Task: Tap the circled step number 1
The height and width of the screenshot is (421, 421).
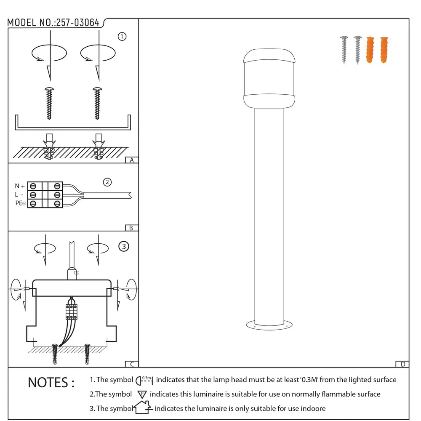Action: [x=122, y=37]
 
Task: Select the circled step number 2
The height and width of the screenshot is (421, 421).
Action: [x=107, y=182]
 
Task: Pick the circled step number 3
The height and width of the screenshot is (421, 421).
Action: [x=123, y=247]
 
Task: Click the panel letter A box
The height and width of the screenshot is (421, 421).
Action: [x=132, y=160]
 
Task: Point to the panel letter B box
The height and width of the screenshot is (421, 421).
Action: [x=132, y=228]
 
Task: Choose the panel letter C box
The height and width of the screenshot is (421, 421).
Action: [x=132, y=364]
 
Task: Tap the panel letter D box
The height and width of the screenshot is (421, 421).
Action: [x=402, y=364]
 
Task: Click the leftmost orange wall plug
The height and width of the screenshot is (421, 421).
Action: [x=370, y=50]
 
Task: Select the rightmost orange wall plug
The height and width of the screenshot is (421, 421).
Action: [x=384, y=50]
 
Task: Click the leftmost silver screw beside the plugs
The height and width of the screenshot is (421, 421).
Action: [x=344, y=50]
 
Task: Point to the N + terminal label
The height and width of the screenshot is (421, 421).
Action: [x=20, y=186]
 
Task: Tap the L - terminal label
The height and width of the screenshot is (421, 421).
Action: [x=19, y=195]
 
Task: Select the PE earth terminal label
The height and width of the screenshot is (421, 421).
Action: [x=20, y=204]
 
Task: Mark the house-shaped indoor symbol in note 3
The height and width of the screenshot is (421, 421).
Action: [x=142, y=408]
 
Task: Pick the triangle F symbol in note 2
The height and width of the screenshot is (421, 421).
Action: [x=142, y=394]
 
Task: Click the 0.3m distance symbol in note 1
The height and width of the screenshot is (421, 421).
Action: [x=144, y=380]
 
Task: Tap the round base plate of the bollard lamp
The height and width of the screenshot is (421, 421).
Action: [x=269, y=325]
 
